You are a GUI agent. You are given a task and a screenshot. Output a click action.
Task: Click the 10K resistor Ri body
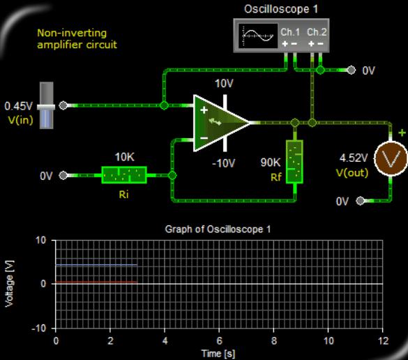pos(124,175)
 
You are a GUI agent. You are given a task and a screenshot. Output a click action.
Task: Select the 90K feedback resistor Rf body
pos(294,162)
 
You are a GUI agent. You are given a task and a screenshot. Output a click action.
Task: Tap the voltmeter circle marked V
pos(391,159)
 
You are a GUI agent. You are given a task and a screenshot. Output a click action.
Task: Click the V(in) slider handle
pos(46,107)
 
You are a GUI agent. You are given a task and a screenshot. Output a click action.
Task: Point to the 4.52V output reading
pos(354,158)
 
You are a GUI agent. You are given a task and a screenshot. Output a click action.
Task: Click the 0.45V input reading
pos(18,106)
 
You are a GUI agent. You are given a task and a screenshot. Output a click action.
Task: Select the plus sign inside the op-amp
pos(204,110)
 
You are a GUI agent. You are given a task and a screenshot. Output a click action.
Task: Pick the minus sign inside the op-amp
pos(204,138)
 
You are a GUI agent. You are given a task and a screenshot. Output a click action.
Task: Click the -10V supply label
pos(223,163)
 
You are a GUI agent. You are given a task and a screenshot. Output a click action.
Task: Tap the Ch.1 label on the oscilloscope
pos(290,32)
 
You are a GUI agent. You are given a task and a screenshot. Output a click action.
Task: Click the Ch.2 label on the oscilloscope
pos(317,32)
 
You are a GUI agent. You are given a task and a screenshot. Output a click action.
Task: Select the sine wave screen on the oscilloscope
pos(258,36)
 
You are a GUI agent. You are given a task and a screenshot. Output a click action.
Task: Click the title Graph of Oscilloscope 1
pos(218,230)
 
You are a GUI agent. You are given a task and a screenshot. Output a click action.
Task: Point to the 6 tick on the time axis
pos(219,340)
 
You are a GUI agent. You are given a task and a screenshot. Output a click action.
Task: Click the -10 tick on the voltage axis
pos(39,328)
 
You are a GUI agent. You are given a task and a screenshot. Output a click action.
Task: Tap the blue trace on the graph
pos(96,265)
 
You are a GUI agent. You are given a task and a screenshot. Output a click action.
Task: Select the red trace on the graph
pos(96,282)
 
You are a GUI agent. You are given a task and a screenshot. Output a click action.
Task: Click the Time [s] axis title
pos(218,354)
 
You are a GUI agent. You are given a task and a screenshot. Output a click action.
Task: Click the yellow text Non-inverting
pos(72,33)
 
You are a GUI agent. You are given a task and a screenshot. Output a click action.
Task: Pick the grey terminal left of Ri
pos(63,175)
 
